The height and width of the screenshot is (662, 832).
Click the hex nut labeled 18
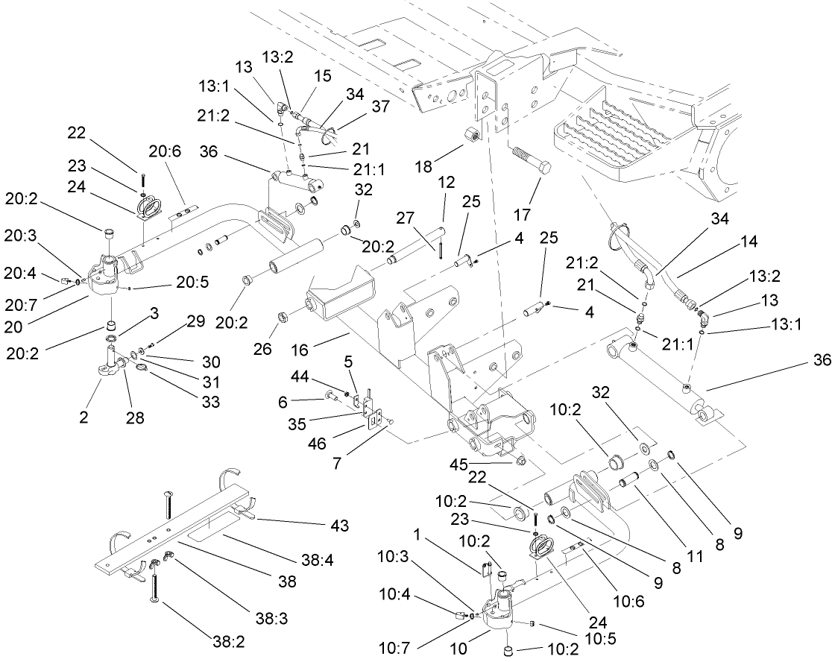click(472, 137)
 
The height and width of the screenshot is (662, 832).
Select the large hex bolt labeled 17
click(531, 160)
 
